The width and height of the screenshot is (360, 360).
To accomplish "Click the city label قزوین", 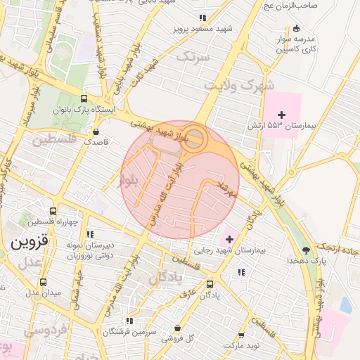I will [29, 243].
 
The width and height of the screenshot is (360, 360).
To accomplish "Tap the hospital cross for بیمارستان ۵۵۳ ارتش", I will [282, 115].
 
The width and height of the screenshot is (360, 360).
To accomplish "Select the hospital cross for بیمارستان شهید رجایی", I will [229, 240].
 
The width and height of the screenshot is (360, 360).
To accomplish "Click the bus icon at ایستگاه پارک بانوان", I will [84, 99].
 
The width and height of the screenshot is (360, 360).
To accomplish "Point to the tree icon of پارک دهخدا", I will [305, 250].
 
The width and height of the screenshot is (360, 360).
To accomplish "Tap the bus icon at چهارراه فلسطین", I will [53, 211].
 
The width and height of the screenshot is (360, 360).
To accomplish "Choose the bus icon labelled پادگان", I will [210, 284].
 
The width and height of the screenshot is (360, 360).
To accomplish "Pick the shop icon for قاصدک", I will [96, 131].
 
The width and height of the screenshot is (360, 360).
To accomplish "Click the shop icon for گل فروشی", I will [176, 328].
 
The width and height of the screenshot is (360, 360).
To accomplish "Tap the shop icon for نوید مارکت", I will [241, 336].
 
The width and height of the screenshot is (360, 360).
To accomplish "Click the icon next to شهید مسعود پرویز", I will [202, 18].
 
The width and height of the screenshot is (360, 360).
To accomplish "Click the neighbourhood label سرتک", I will [194, 57].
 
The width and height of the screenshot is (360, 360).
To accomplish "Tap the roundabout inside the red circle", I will [195, 138].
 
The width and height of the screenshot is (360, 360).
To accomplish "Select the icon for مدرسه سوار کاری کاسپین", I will [296, 28].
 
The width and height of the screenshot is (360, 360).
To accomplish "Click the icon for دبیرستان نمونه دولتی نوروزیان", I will [90, 234].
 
